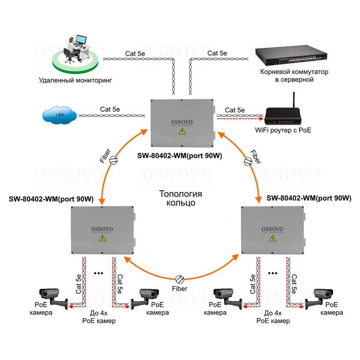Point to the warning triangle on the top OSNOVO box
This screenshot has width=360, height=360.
click(x=182, y=132)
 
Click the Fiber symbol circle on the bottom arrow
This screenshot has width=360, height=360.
click(x=180, y=278)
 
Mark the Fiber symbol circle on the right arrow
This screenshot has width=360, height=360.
click(x=248, y=161)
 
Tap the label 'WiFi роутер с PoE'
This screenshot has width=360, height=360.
click(x=283, y=130)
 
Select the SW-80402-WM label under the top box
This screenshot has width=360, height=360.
click(x=180, y=156)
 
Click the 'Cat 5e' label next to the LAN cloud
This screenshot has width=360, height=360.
click(x=110, y=109)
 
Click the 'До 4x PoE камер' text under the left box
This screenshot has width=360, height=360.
click(x=99, y=317)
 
